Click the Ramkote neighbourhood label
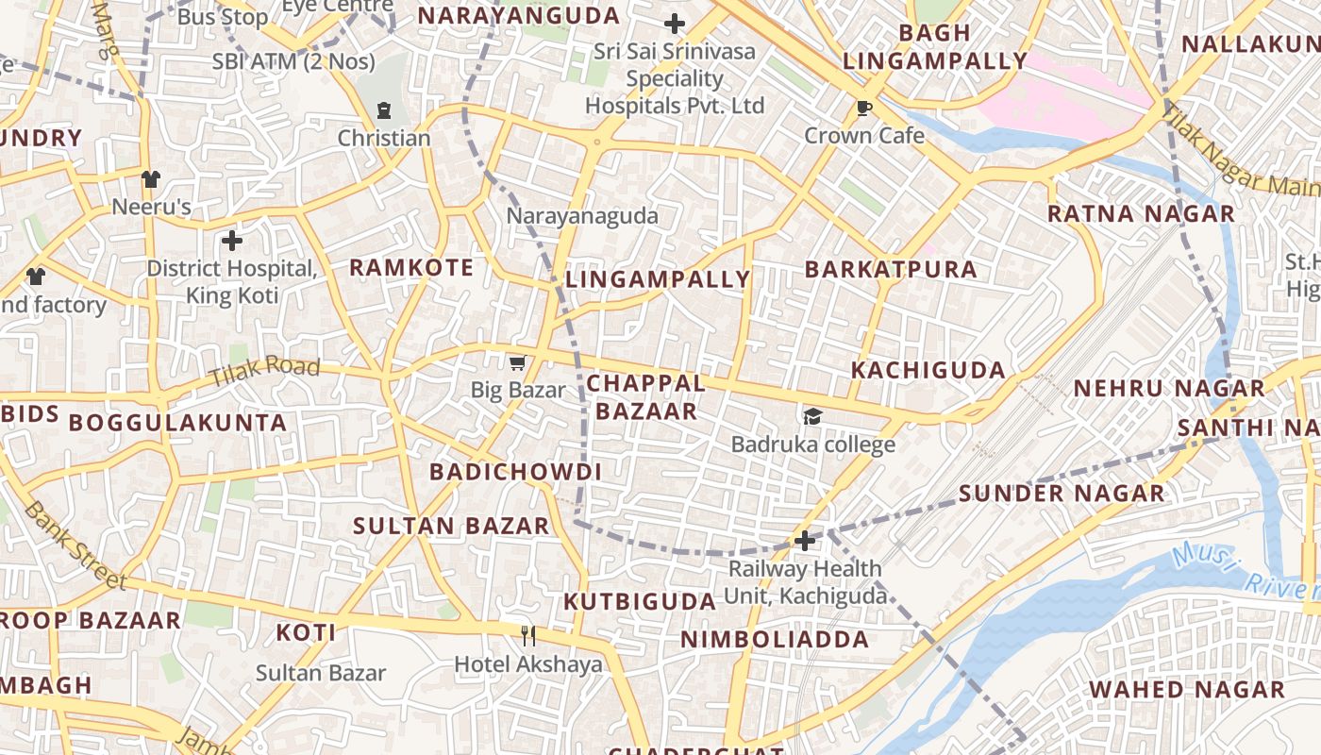tap(411, 268)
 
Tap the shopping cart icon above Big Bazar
tap(517, 362)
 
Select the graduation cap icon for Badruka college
tap(812, 416)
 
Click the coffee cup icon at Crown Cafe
tap(863, 108)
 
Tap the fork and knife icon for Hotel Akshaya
tap(528, 636)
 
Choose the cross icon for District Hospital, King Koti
tap(231, 241)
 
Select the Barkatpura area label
tap(891, 270)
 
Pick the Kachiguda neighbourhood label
tap(928, 370)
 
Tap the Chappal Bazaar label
tap(645, 397)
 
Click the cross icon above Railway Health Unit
tap(805, 541)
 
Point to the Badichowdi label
tap(515, 472)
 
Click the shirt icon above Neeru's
tap(151, 178)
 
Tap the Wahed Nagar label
tap(1187, 690)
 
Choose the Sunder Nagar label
tap(1062, 494)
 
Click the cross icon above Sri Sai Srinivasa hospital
tap(675, 24)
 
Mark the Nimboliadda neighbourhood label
tap(775, 640)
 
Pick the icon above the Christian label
tap(384, 110)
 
